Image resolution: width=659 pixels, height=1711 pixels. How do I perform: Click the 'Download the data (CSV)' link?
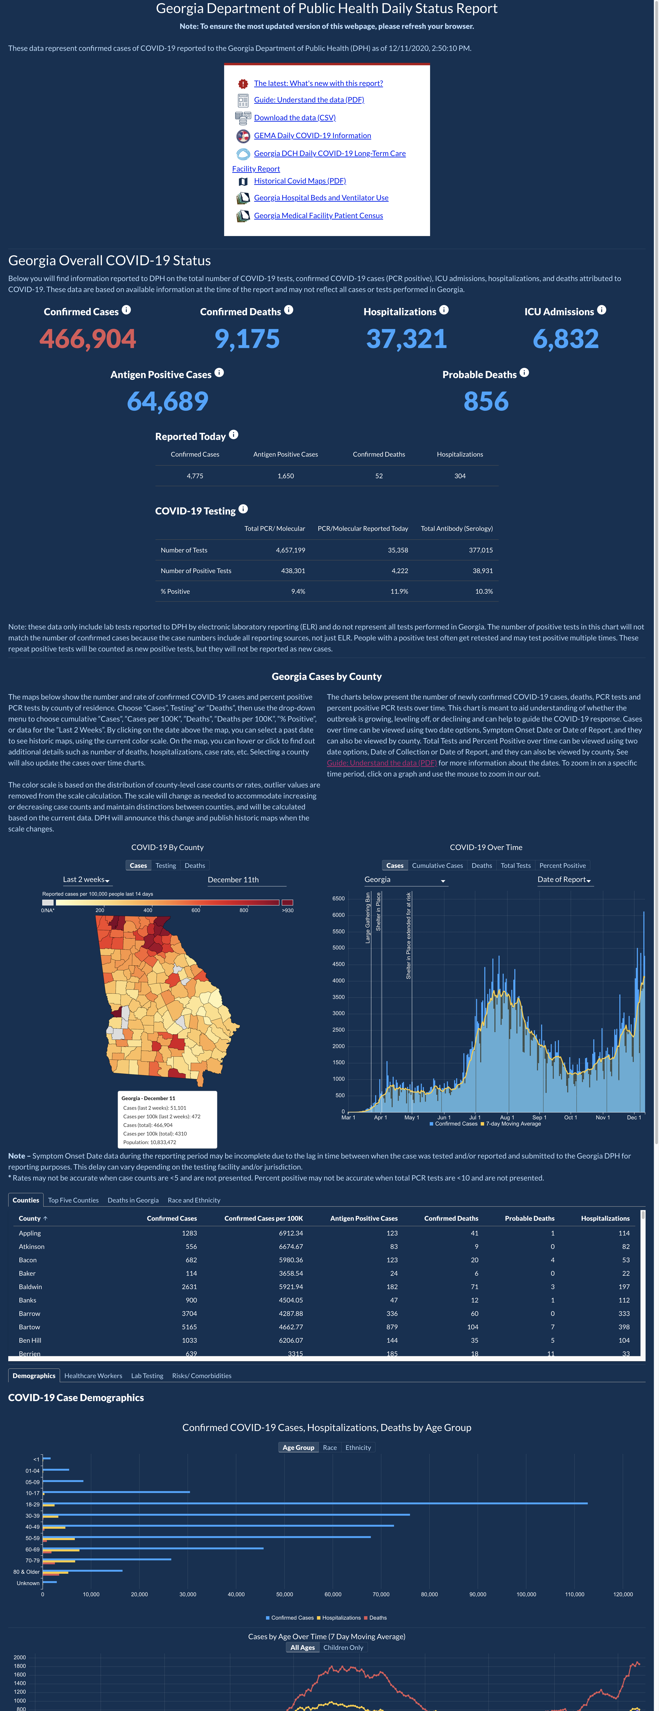click(x=295, y=118)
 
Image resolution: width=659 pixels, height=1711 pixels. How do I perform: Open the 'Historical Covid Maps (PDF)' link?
click(x=300, y=181)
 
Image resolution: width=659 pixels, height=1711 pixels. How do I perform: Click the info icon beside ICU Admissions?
click(x=601, y=310)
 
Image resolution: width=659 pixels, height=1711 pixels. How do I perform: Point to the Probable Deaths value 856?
click(x=486, y=401)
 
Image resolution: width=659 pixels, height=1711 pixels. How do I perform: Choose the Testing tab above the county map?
click(x=166, y=865)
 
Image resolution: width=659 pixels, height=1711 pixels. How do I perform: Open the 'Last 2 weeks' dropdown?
click(x=86, y=879)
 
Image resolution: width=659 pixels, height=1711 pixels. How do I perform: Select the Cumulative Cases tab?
click(x=437, y=865)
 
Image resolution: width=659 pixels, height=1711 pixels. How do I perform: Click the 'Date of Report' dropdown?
click(x=564, y=879)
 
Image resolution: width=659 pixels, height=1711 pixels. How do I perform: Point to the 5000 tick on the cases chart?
click(x=338, y=948)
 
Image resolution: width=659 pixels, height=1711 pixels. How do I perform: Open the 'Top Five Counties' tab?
click(x=73, y=1200)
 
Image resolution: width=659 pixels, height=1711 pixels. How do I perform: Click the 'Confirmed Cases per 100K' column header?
click(x=263, y=1218)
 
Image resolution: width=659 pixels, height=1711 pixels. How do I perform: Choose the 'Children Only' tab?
click(x=343, y=1647)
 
